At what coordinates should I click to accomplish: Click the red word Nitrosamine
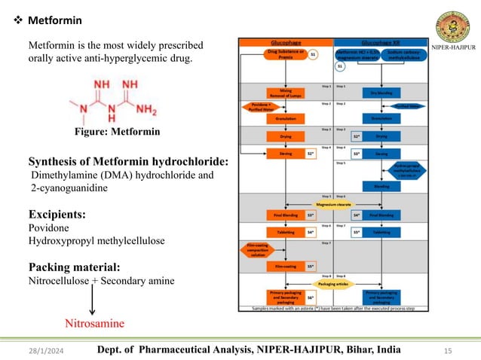coord(93,324)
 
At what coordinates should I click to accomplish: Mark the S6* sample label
coord(310,298)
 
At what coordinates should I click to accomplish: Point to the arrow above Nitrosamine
coord(92,302)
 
